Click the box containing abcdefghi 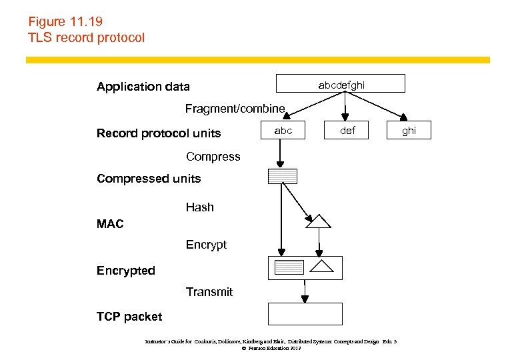tap(341, 84)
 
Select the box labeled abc tap(283, 131)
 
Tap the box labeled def tap(347, 131)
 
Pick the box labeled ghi tap(409, 131)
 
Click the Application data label tap(143, 87)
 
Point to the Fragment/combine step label tap(235, 109)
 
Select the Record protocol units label tap(158, 133)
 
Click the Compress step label tap(213, 157)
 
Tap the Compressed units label tap(148, 179)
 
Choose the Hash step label tap(199, 207)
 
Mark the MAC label tap(110, 225)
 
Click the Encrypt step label tap(206, 245)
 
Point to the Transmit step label tap(209, 292)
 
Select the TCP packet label tap(129, 317)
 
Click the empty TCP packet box tap(305, 314)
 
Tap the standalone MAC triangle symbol tap(318, 221)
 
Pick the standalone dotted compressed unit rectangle tap(282, 177)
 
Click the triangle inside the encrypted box tap(322, 267)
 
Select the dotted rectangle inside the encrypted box tap(289, 267)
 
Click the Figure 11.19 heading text tap(65, 22)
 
